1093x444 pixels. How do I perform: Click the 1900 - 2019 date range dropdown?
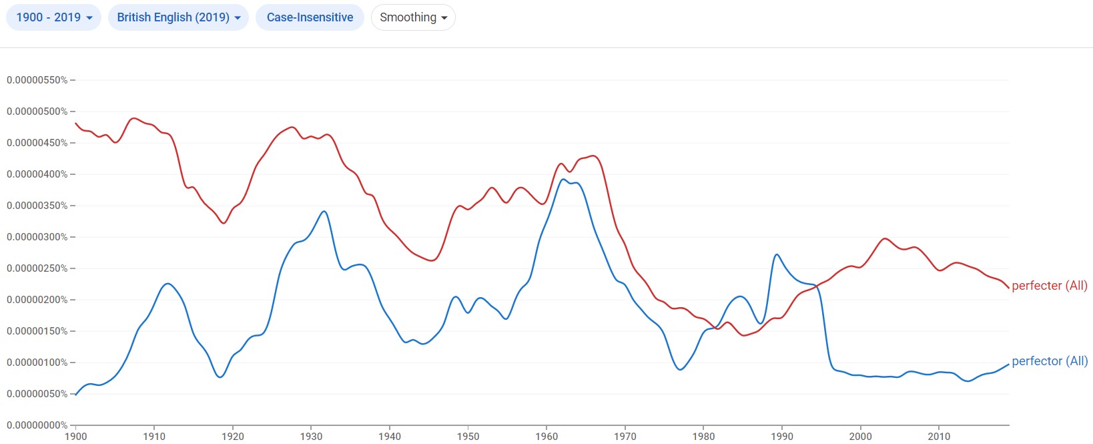pyautogui.click(x=53, y=17)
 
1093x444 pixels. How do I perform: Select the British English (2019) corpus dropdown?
pyautogui.click(x=178, y=17)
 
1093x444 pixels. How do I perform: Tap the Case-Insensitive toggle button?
pyautogui.click(x=310, y=17)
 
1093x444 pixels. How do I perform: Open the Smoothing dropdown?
pyautogui.click(x=413, y=17)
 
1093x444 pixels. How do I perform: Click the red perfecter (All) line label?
pyautogui.click(x=1049, y=286)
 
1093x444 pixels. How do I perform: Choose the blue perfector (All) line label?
pyautogui.click(x=1049, y=361)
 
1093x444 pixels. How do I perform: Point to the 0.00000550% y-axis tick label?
pyautogui.click(x=37, y=80)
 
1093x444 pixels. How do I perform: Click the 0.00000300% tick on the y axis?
pyautogui.click(x=37, y=237)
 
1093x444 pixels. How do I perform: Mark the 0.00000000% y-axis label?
pyautogui.click(x=37, y=425)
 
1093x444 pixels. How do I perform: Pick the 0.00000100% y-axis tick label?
pyautogui.click(x=37, y=363)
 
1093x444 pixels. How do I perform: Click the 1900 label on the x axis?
pyautogui.click(x=75, y=437)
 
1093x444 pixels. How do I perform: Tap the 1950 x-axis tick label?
pyautogui.click(x=468, y=437)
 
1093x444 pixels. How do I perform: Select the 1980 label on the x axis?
pyautogui.click(x=704, y=437)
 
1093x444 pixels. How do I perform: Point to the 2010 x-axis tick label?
pyautogui.click(x=940, y=437)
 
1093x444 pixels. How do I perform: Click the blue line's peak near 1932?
pyautogui.click(x=324, y=212)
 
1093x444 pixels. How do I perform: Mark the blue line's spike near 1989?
pyautogui.click(x=777, y=254)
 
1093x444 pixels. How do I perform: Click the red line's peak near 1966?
pyautogui.click(x=593, y=156)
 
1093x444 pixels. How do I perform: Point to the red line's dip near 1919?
pyautogui.click(x=223, y=223)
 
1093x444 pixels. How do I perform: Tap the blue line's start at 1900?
pyautogui.click(x=75, y=395)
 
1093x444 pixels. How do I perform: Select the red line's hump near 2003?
pyautogui.click(x=885, y=238)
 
